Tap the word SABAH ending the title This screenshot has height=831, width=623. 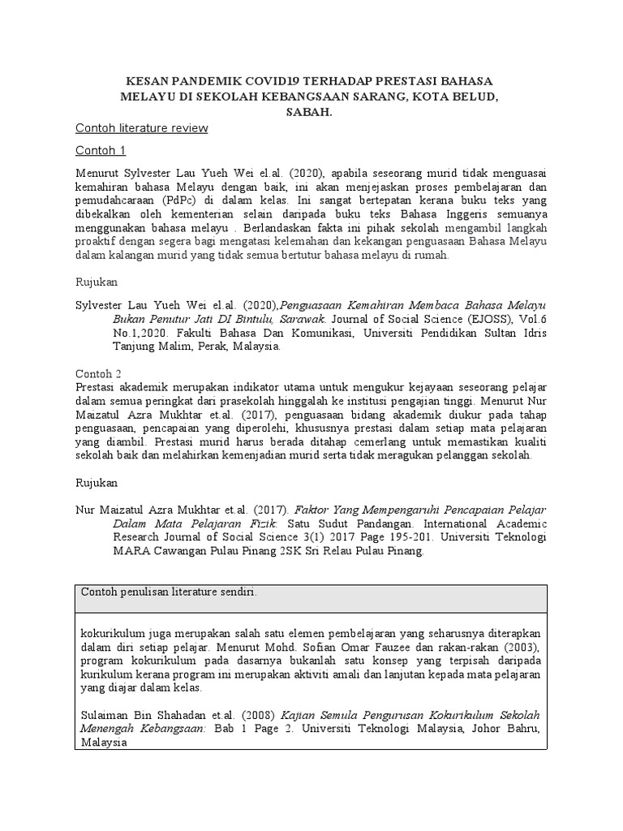[x=308, y=112]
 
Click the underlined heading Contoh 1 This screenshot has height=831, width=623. [x=101, y=151]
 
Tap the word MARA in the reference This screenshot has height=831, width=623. [x=130, y=553]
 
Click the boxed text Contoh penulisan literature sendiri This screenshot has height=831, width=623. [x=169, y=592]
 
